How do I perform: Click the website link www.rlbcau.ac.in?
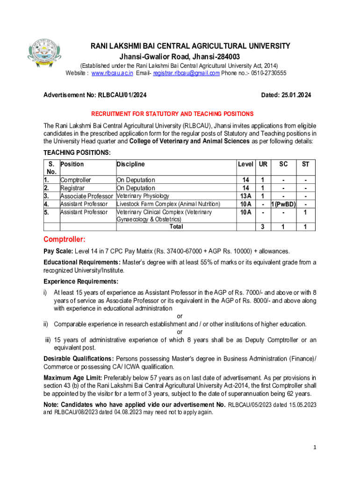[112, 73]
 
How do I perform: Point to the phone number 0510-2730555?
[269, 73]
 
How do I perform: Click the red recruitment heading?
[172, 114]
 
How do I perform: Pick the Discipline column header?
[130, 164]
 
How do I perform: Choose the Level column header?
[245, 164]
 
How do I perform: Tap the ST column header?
[305, 164]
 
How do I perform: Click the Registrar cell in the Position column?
[71, 188]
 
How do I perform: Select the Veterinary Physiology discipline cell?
[143, 196]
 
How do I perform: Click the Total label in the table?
[176, 227]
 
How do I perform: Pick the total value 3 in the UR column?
[263, 227]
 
